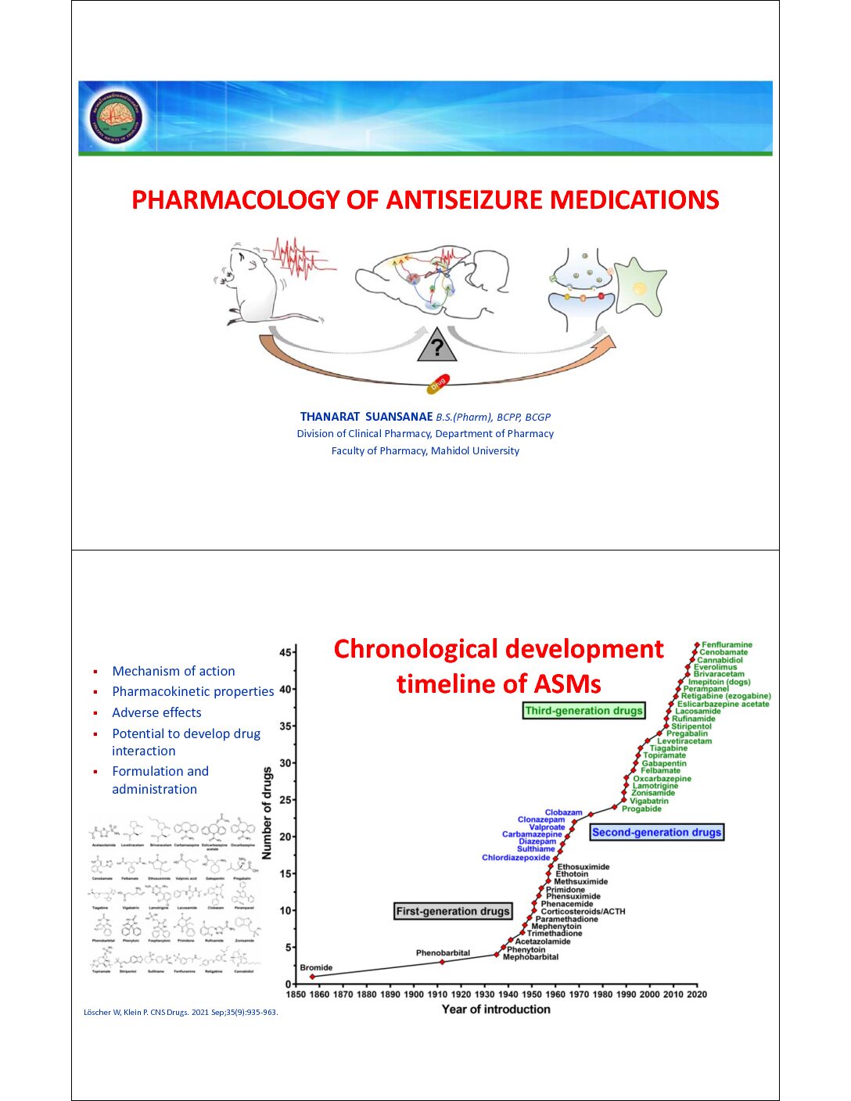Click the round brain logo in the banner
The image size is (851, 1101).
click(116, 118)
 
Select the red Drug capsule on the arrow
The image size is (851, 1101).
click(438, 383)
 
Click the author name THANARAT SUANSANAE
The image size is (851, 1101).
click(366, 417)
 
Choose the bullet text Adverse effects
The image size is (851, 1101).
click(156, 712)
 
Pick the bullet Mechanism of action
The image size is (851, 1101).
click(173, 671)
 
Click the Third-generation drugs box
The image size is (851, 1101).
click(583, 711)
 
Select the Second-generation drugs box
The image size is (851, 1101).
click(656, 832)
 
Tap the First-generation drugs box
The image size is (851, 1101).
click(453, 911)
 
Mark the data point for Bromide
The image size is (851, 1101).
click(313, 977)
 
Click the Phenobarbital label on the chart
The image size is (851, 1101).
click(443, 952)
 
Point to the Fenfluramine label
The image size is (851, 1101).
click(727, 645)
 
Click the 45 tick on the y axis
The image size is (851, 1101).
click(285, 652)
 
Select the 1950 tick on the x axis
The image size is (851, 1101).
click(531, 995)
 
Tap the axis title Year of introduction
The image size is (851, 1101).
click(496, 1010)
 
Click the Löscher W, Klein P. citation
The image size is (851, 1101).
click(180, 1012)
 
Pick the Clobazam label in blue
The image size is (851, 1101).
click(563, 812)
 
